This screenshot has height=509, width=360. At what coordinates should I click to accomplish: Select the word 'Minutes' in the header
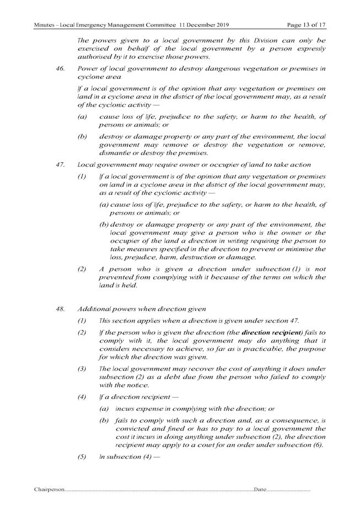point(45,25)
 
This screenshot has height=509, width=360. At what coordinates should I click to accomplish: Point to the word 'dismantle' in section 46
point(115,153)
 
